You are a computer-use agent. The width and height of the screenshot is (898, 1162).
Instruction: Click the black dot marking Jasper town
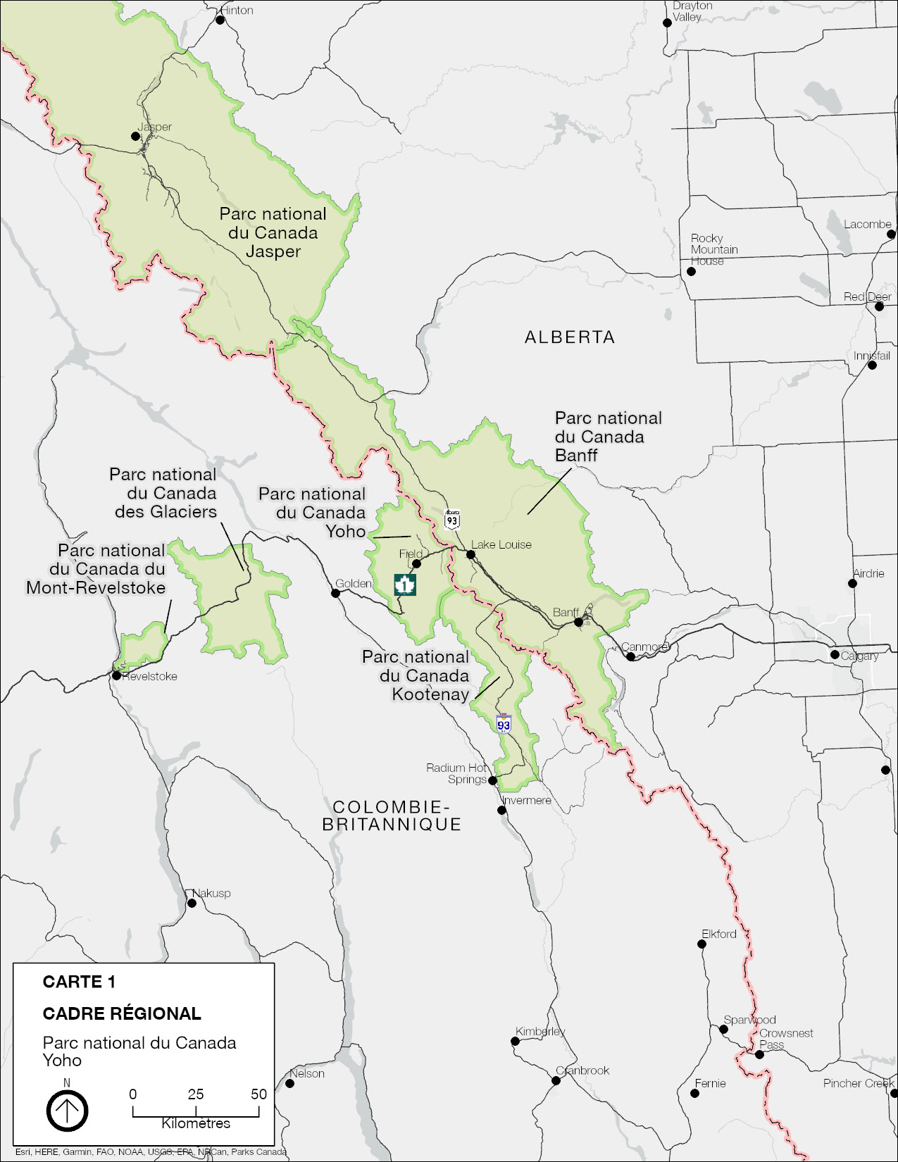click(x=136, y=136)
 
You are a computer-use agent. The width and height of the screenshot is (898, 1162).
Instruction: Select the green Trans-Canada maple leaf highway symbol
click(x=405, y=584)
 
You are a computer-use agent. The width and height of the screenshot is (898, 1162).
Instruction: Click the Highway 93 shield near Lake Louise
click(x=452, y=520)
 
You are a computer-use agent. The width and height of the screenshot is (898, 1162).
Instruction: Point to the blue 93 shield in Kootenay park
click(x=503, y=725)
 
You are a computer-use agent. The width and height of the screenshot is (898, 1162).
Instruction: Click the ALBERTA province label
click(x=570, y=337)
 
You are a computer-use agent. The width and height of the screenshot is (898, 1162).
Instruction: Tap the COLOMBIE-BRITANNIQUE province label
click(x=392, y=816)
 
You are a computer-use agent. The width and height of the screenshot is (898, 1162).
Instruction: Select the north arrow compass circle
click(x=68, y=1111)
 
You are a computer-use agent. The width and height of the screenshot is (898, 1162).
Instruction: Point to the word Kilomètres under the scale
click(x=196, y=1124)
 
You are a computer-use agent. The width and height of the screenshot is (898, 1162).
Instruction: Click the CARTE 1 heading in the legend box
click(x=79, y=982)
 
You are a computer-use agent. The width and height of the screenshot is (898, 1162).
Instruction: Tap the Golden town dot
click(x=336, y=593)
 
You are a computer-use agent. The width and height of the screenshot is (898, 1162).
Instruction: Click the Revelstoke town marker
click(x=116, y=675)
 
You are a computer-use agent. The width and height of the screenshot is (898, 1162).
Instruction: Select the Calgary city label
click(x=859, y=656)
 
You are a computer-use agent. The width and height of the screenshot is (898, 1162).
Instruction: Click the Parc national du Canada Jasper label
click(x=273, y=232)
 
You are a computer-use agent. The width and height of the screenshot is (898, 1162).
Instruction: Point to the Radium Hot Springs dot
click(x=493, y=780)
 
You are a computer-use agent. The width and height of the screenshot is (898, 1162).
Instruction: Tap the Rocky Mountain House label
click(x=714, y=249)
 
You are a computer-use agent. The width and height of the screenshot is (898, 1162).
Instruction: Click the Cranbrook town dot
click(x=556, y=1080)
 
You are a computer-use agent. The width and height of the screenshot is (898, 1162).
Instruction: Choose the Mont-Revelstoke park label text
click(x=96, y=569)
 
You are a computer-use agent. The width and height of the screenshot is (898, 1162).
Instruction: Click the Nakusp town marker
click(x=192, y=902)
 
